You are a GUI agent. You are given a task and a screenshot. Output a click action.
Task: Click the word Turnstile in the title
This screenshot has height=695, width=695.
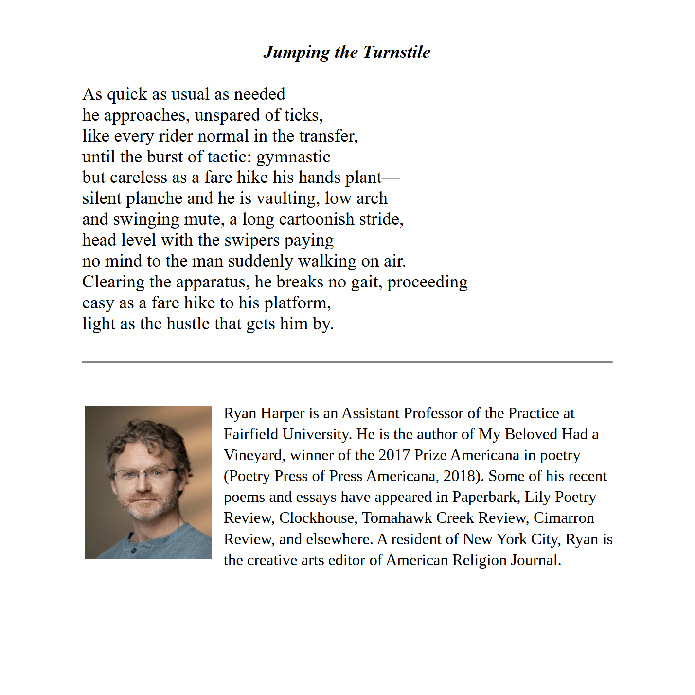pos(396,52)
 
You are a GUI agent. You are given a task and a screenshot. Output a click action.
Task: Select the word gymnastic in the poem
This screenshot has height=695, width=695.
pos(293,157)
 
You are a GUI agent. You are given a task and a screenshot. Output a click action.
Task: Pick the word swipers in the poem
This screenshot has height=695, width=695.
pos(252,240)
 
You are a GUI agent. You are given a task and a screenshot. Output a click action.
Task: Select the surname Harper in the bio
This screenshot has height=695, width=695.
pos(283,413)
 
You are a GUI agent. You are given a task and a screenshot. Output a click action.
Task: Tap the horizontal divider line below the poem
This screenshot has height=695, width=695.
pos(347,362)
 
